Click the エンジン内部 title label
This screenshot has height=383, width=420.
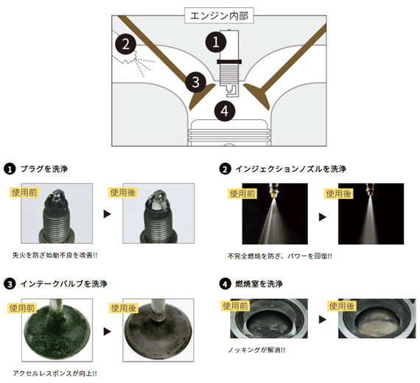[x=219, y=15]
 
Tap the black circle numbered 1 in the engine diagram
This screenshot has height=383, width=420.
[x=216, y=42]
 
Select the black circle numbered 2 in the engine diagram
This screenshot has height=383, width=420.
[x=125, y=44]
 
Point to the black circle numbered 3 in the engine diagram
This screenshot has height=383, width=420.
[x=195, y=82]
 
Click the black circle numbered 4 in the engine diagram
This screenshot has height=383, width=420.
[x=225, y=111]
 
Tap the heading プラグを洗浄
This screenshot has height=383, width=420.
[x=44, y=169]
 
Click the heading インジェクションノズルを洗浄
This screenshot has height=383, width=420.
[x=290, y=169]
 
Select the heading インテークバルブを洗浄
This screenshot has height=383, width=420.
[x=64, y=284]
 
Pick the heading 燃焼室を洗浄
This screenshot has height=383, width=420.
[x=259, y=284]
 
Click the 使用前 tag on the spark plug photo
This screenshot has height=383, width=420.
[x=24, y=192]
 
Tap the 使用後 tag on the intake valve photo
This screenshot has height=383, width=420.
[x=124, y=308]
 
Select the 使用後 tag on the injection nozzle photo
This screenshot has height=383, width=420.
[x=338, y=194]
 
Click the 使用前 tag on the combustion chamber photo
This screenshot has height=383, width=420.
[x=236, y=306]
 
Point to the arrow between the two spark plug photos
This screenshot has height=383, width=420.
[x=107, y=214]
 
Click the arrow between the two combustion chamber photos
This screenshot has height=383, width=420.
[x=322, y=319]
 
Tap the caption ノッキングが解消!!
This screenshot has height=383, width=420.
[x=256, y=350]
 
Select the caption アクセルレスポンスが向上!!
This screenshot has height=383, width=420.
[x=55, y=373]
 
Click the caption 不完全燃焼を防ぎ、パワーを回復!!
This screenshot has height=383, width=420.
[x=280, y=256]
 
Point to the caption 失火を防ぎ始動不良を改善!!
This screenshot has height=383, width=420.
[x=55, y=256]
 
